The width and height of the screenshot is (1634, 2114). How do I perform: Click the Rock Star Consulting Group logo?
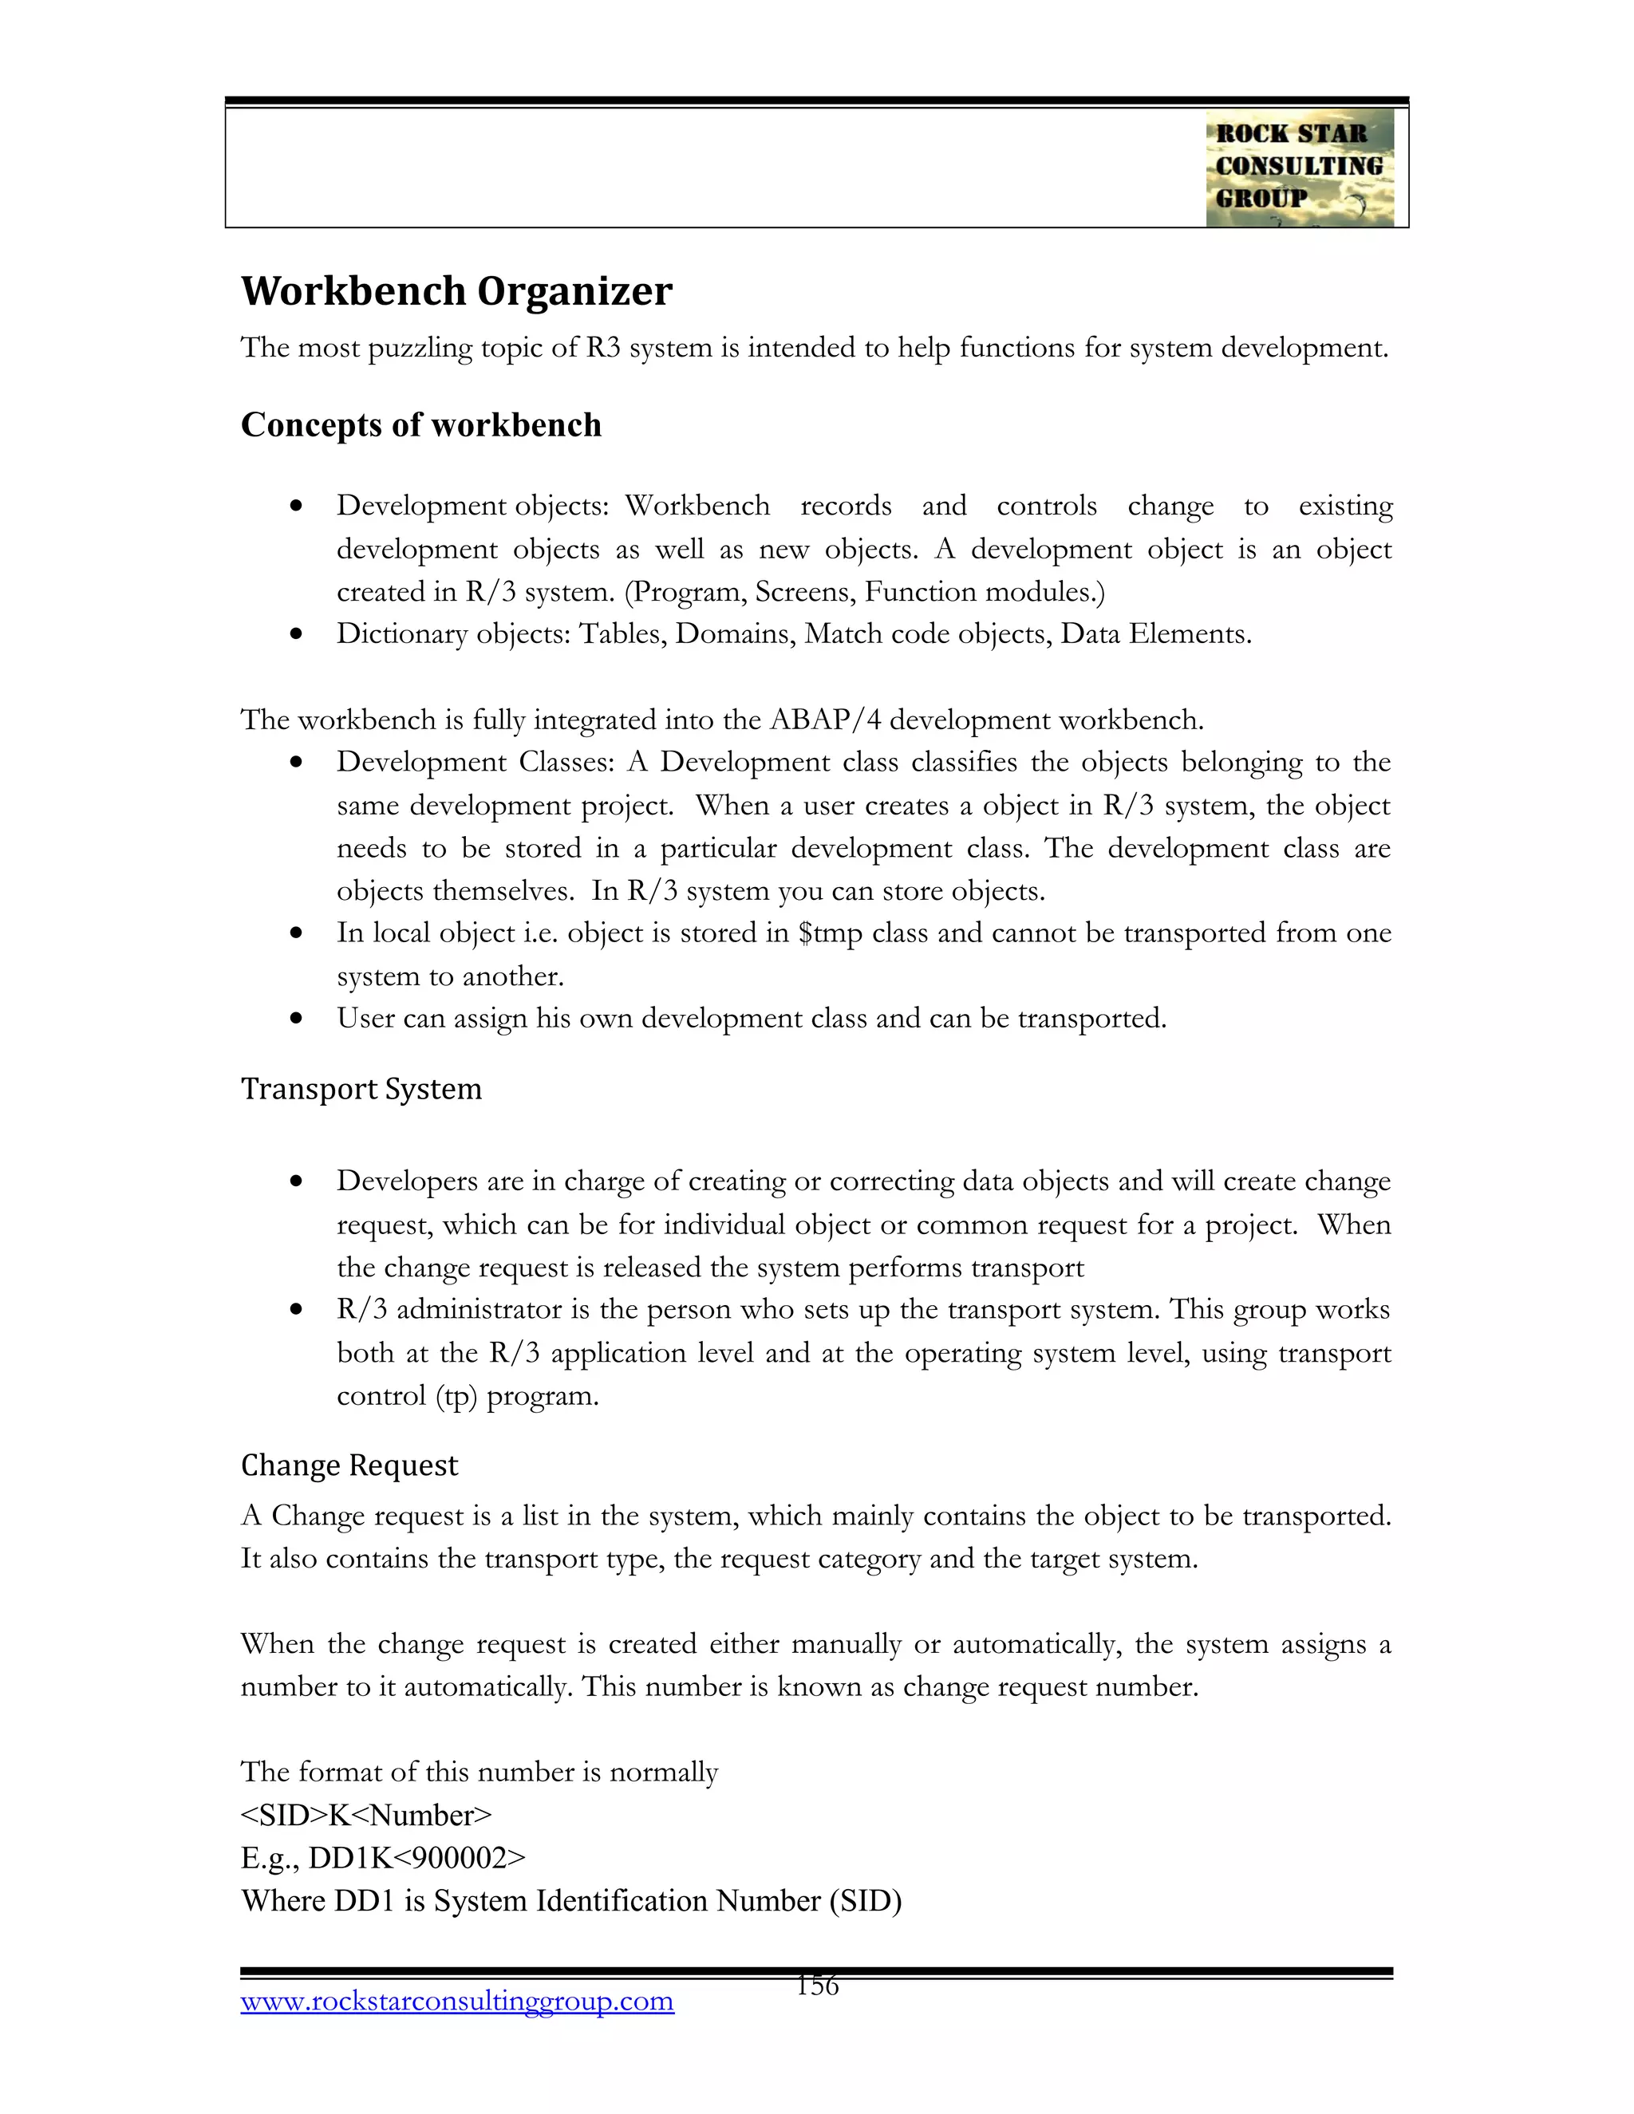click(x=1299, y=168)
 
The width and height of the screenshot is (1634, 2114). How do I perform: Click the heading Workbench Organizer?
click(x=456, y=291)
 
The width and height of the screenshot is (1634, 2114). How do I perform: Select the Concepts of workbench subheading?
click(x=421, y=425)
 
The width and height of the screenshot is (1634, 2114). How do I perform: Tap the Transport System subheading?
click(x=361, y=1089)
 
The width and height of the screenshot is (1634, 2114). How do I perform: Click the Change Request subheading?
click(x=349, y=1465)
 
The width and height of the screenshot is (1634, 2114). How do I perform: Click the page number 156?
click(x=817, y=1986)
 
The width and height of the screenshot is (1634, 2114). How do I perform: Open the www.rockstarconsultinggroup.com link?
click(x=457, y=2001)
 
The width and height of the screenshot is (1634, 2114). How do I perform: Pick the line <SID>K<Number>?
click(x=366, y=1815)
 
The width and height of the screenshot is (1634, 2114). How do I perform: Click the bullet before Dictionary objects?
click(x=297, y=635)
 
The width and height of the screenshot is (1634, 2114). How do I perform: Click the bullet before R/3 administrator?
click(x=297, y=1311)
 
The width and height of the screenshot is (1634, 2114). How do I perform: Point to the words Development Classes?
click(x=476, y=763)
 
